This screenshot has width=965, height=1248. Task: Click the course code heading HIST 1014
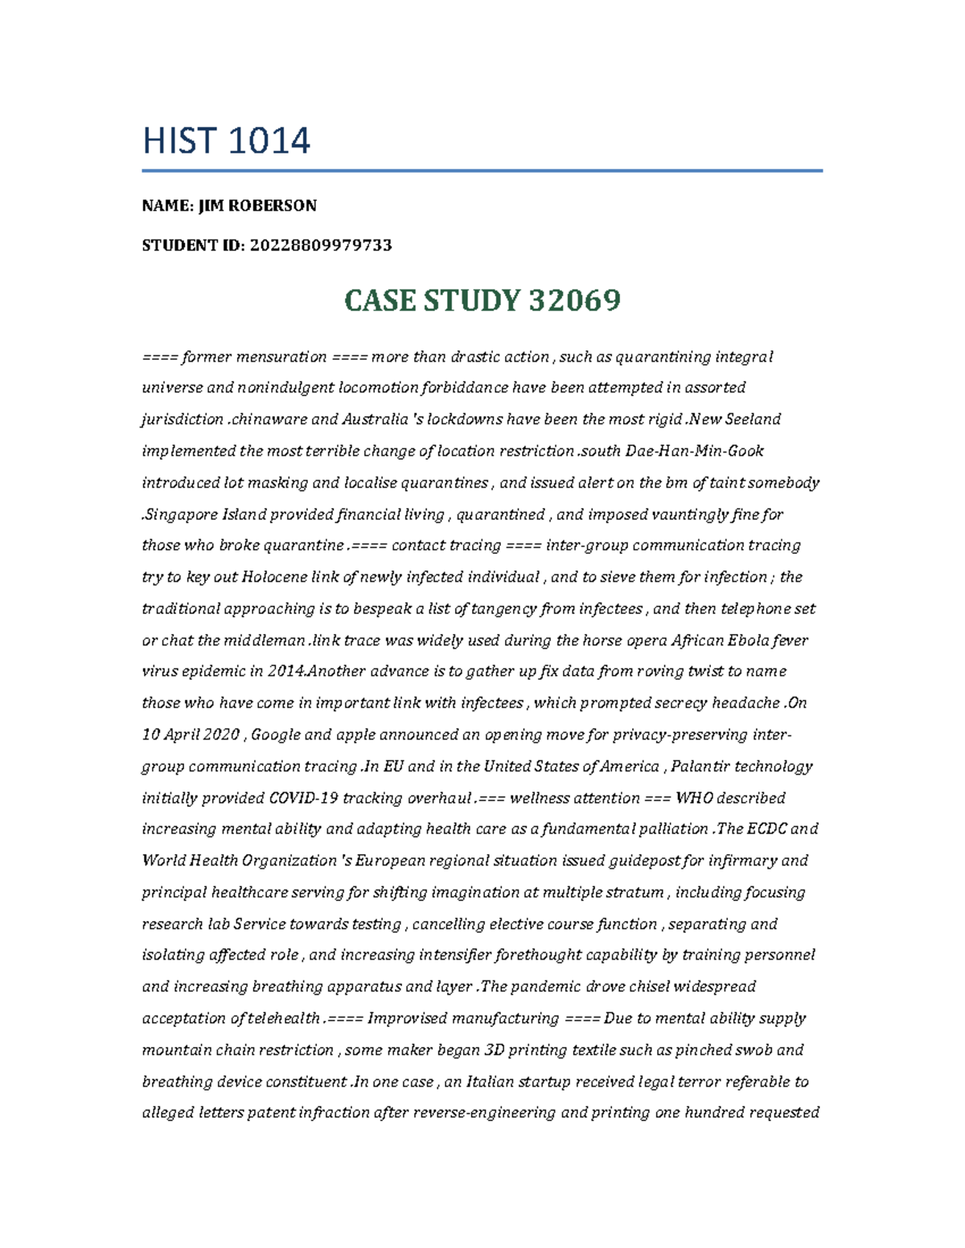coord(226,141)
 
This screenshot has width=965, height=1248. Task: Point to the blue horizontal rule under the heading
coord(482,170)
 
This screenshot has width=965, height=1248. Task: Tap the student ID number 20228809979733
coord(321,245)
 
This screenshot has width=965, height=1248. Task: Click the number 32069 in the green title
coord(574,301)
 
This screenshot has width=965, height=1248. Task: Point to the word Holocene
coord(273,577)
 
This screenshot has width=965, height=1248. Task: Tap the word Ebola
coord(748,640)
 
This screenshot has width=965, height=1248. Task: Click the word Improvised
coord(407,1019)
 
